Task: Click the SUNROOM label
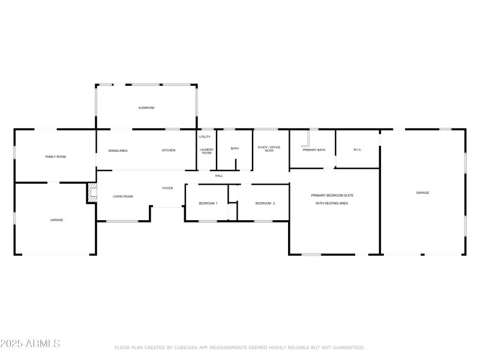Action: coord(146,108)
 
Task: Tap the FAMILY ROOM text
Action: coord(56,157)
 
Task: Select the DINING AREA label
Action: coord(118,150)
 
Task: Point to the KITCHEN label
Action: coord(169,150)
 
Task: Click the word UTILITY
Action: coord(205,137)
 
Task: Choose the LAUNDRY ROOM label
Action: coord(206,151)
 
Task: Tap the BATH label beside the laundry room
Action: coord(235,149)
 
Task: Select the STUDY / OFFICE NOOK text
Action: coord(269,149)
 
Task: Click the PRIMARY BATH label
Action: coord(314,150)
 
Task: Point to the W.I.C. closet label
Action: coord(357,149)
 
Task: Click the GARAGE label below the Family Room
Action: coord(56,220)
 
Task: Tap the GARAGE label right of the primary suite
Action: coord(422,193)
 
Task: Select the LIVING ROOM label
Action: coord(123,196)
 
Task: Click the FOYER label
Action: coord(167,188)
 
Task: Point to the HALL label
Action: coord(219,176)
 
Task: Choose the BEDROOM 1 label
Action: coord(208,203)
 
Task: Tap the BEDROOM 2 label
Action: coord(265,203)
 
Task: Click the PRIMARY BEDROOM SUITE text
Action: coord(332,196)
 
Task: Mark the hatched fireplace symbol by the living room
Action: coord(92,193)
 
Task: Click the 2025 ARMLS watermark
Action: coord(30,344)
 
